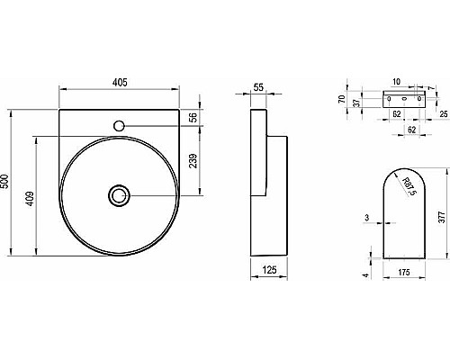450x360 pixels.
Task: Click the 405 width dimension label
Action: pos(120,82)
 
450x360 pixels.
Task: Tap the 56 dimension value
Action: pos(193,119)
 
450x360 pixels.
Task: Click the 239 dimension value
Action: pos(193,163)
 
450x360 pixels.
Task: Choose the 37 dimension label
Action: pos(357,103)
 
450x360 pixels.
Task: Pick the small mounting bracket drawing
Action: pos(404,97)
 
